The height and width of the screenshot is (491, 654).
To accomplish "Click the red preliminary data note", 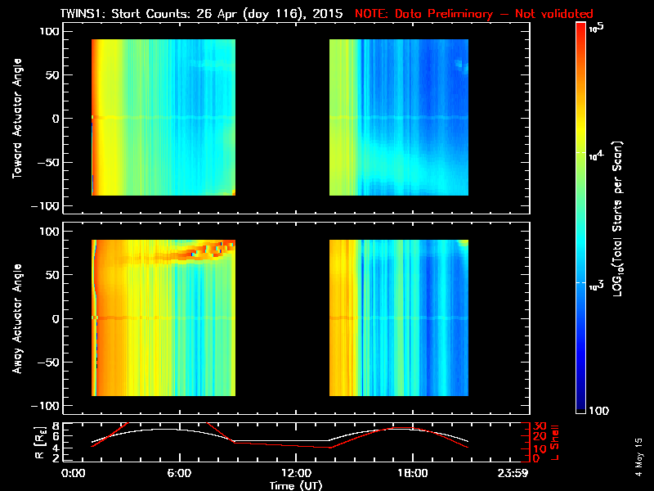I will point(474,14).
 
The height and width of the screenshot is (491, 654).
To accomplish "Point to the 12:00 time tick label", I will point(296,473).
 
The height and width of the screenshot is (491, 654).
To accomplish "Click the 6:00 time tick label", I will point(179,473).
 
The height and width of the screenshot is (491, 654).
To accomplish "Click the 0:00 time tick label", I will point(74,473).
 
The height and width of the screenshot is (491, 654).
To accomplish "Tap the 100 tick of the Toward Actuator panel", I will point(51,30).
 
